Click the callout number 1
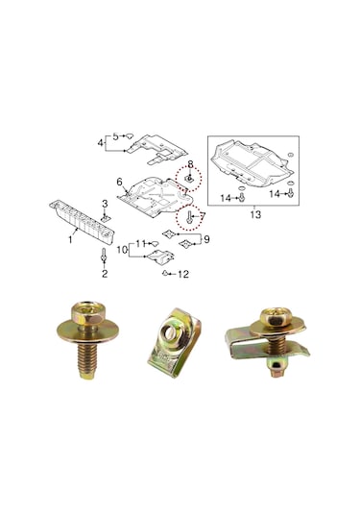(69, 240)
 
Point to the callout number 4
(99, 143)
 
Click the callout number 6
(120, 182)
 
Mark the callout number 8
(190, 163)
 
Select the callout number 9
(205, 238)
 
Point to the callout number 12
(183, 275)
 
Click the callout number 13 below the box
(255, 215)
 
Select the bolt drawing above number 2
(104, 257)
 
